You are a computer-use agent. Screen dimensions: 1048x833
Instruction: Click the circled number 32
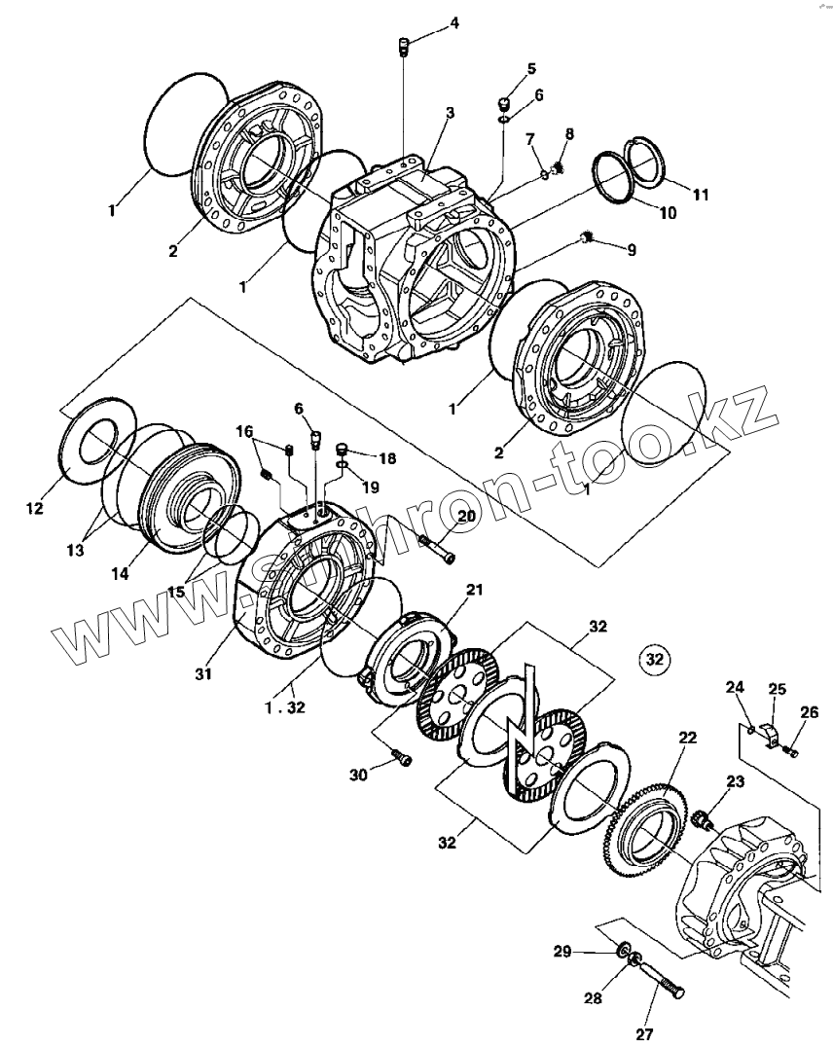click(x=655, y=660)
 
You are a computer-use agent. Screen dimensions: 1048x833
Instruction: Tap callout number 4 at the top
click(x=453, y=22)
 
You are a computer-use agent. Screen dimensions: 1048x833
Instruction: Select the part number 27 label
click(x=644, y=1033)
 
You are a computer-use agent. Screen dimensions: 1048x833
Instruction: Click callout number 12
click(x=35, y=508)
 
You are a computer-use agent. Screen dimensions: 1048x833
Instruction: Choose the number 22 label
click(x=687, y=739)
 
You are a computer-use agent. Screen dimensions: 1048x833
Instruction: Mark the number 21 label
click(x=474, y=590)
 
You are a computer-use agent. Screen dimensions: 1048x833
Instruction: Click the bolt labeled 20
click(x=437, y=550)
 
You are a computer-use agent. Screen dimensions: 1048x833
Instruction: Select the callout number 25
click(x=777, y=689)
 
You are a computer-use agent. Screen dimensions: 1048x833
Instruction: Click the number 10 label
click(x=666, y=213)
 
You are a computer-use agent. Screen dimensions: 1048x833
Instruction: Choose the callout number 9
click(x=632, y=250)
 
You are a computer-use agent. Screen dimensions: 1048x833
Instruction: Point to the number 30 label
click(x=358, y=774)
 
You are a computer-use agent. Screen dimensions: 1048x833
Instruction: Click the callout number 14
click(x=119, y=574)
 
